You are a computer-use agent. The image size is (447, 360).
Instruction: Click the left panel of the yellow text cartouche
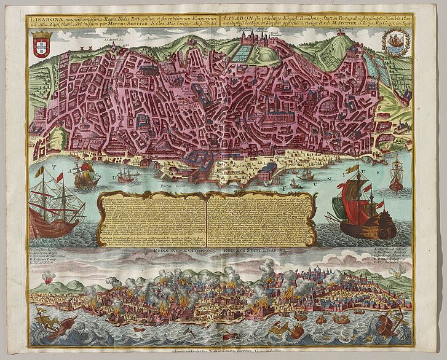pos(152,221)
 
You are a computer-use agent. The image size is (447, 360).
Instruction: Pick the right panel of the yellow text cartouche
pos(261,221)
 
